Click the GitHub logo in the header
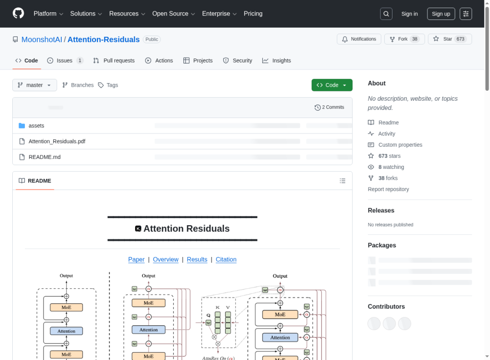pos(18,13)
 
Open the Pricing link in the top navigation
pos(253,14)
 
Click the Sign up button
pos(441,14)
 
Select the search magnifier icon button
pos(386,14)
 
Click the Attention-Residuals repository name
pos(103,39)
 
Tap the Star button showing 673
pos(450,39)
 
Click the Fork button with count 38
pos(402,39)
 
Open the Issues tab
pos(65,60)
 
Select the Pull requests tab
pos(114,60)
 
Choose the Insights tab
pos(276,60)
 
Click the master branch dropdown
pos(34,85)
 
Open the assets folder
pos(36,126)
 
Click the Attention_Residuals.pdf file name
pos(57,141)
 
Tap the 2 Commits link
pos(329,107)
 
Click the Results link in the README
pos(197,259)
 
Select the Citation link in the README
pos(226,259)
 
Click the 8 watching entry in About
pos(391,167)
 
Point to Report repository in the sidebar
pos(388,189)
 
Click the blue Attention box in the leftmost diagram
pos(66,331)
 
